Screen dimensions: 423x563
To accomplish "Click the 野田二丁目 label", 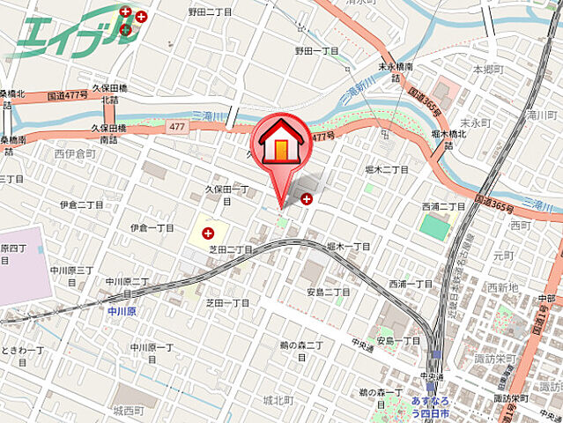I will [209, 12].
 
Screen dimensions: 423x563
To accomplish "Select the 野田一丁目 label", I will [317, 52].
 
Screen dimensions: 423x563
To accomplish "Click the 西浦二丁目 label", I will [443, 206].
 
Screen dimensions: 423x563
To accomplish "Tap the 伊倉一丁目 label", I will [152, 227].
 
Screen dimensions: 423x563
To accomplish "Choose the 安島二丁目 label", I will [329, 292].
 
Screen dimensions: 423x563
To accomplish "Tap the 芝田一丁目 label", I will [227, 302].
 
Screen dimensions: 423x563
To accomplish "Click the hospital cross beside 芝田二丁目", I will [208, 234].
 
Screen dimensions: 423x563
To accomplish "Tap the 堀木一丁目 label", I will [347, 247].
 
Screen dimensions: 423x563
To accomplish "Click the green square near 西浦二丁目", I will [434, 226].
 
